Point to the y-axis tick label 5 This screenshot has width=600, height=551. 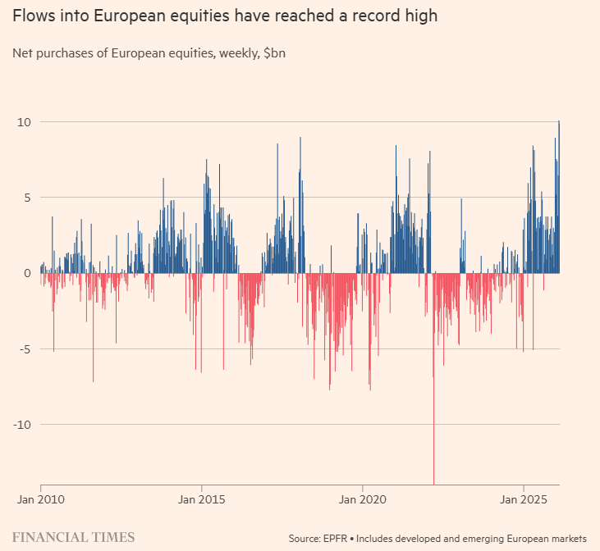point(26,198)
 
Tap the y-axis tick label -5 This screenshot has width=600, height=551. point(25,349)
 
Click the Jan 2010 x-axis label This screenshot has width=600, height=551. point(40,499)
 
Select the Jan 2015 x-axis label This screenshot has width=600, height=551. point(202,499)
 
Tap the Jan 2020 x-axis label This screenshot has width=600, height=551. point(363,499)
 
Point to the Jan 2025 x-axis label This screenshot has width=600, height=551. point(524,499)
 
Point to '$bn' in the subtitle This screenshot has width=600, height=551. point(275,54)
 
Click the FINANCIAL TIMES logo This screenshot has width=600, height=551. point(74,537)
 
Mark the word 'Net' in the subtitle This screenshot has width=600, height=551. point(23,54)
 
